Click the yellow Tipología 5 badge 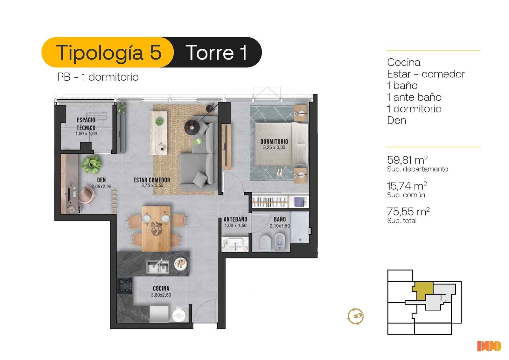click(107, 52)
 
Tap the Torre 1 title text click(216, 53)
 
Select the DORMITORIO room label click(274, 141)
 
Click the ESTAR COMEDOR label click(151, 180)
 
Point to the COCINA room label click(161, 288)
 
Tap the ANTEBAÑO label click(235, 219)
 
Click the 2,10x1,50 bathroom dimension click(280, 226)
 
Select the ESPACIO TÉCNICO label click(86, 124)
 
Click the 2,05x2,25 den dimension click(101, 187)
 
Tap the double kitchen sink click(157, 267)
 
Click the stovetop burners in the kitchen click(124, 286)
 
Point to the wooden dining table click(156, 229)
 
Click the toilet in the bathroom click(265, 243)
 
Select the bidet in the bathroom click(279, 242)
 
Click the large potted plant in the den click(91, 164)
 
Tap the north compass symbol click(356, 316)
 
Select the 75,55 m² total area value click(408, 211)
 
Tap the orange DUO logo click(489, 346)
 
